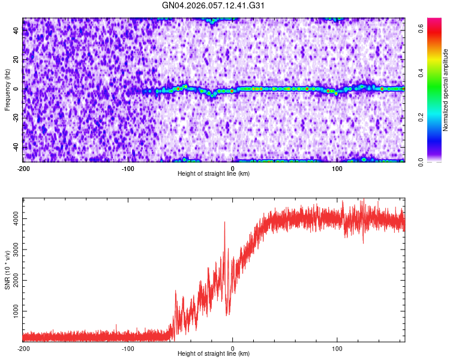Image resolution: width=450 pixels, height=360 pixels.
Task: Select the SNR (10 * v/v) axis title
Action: tap(7, 269)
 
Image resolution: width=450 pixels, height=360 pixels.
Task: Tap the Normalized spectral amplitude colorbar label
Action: tap(446, 90)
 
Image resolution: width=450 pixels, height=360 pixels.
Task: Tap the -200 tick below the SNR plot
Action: tap(23, 348)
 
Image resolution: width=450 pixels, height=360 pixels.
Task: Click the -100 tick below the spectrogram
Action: tap(128, 169)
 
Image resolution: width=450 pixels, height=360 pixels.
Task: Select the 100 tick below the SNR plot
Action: tap(337, 348)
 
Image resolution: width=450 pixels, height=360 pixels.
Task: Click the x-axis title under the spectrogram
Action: tap(214, 174)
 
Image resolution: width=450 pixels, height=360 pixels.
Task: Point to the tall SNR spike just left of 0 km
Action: tap(225, 223)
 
